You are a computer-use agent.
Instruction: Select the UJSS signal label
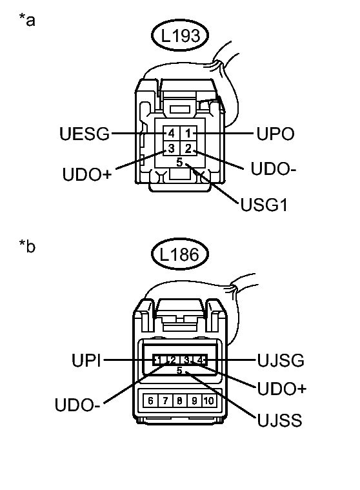click(x=278, y=420)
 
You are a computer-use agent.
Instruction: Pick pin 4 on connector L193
click(x=171, y=134)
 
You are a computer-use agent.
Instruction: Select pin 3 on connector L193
click(x=171, y=149)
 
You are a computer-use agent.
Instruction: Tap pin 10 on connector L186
click(x=208, y=400)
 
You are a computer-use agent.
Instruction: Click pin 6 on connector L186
click(x=150, y=400)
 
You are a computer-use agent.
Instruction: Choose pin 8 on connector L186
click(x=179, y=400)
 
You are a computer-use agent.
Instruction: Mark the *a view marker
click(x=27, y=20)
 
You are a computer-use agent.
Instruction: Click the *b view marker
click(x=27, y=247)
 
